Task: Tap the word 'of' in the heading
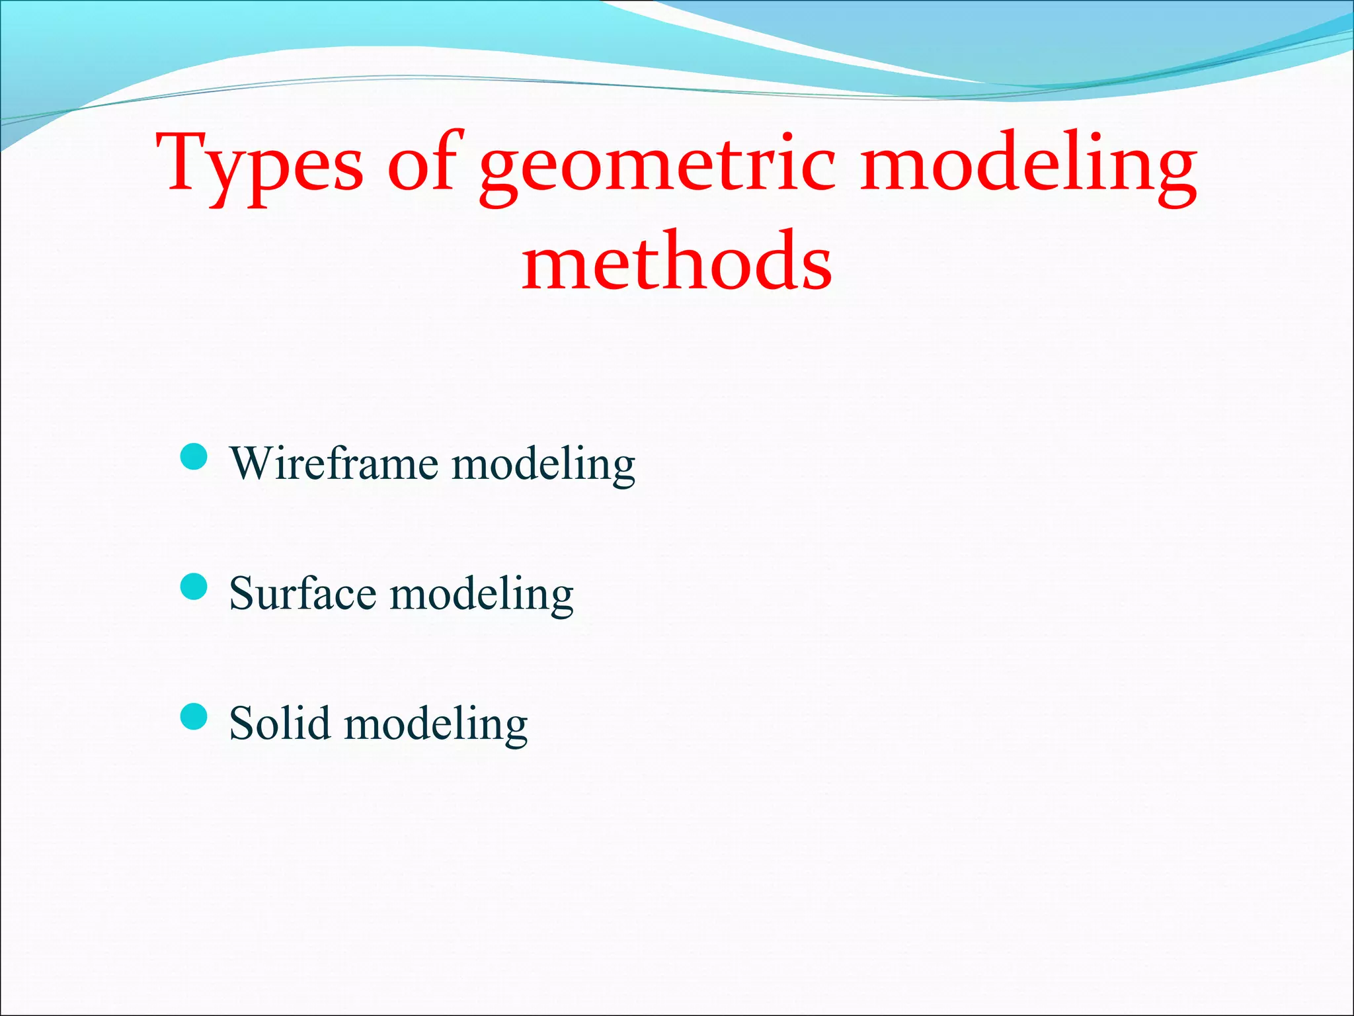[x=423, y=162]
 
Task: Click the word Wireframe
[x=334, y=462]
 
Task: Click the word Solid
[x=280, y=722]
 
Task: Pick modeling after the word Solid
[x=436, y=725]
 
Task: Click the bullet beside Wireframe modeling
[x=194, y=456]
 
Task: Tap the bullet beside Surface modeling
[x=194, y=586]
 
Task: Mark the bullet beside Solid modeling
[x=194, y=716]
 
